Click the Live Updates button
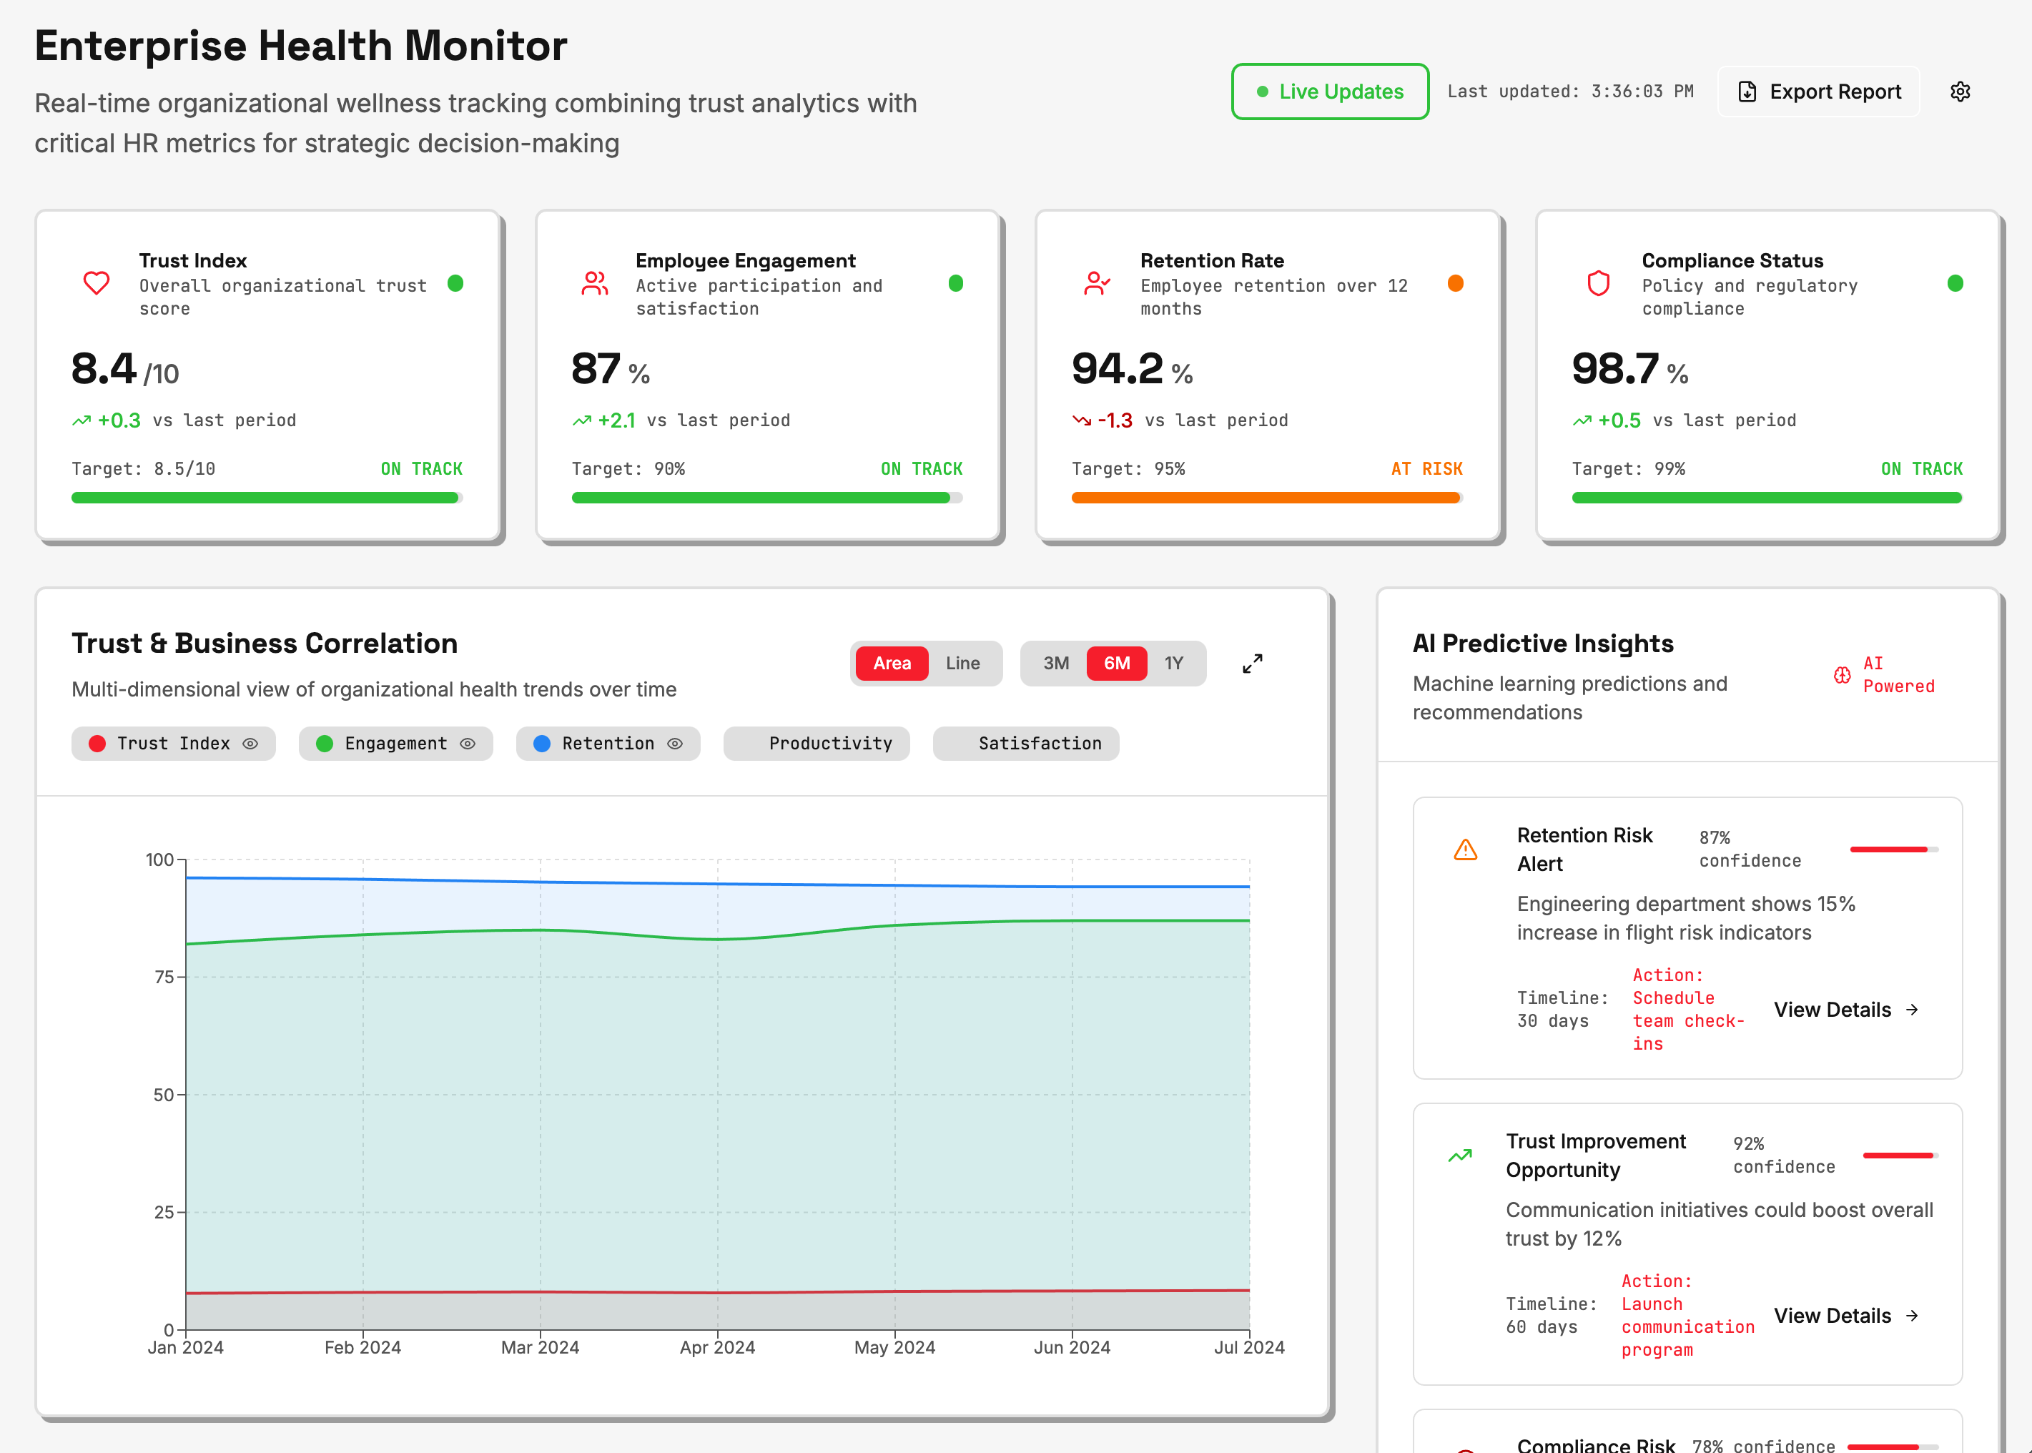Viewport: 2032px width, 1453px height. [x=1329, y=92]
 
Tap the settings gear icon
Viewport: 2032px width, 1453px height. [x=1960, y=92]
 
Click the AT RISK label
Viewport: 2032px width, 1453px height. [x=1426, y=469]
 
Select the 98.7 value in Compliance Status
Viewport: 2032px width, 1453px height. [x=1615, y=369]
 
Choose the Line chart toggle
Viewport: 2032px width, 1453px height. [x=962, y=663]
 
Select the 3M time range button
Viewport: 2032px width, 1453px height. [x=1055, y=663]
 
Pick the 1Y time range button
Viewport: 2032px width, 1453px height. [x=1173, y=663]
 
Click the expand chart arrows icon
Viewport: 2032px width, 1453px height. [x=1252, y=663]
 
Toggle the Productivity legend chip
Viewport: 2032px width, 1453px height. [x=817, y=744]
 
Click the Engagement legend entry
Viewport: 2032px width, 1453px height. [x=395, y=744]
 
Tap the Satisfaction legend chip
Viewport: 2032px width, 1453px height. [x=1026, y=744]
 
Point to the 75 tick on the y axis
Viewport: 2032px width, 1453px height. [x=164, y=977]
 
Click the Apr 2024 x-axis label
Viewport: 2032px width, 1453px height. [x=717, y=1347]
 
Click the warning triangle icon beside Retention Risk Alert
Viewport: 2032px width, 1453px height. [x=1465, y=849]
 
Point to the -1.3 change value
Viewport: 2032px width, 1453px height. [x=1115, y=420]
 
